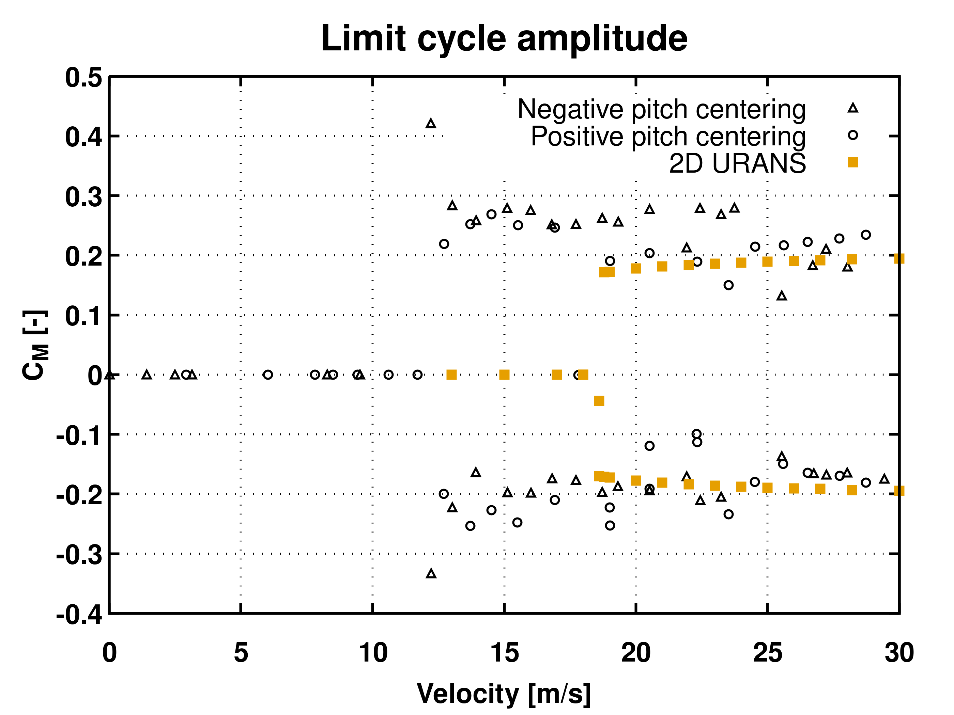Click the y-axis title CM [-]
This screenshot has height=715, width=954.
tap(35, 345)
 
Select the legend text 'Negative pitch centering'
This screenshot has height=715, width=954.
tap(661, 109)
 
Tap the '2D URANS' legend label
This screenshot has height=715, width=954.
tap(737, 163)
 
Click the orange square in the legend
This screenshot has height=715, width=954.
tap(853, 162)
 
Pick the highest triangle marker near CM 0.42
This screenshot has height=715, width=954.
tap(430, 124)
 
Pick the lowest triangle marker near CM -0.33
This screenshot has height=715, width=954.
tap(431, 574)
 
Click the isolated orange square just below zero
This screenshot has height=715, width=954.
tap(599, 401)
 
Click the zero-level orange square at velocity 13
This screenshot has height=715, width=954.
tap(451, 375)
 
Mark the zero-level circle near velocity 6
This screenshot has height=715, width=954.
tap(268, 375)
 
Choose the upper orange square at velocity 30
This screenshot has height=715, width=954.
tap(899, 258)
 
